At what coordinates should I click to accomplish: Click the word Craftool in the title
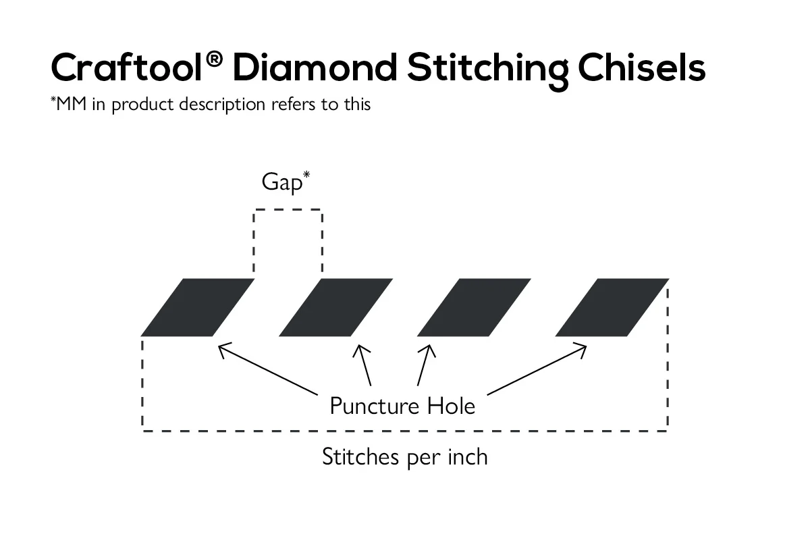pyautogui.click(x=126, y=68)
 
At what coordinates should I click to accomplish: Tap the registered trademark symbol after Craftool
pyautogui.click(x=214, y=59)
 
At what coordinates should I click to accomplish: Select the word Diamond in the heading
pyautogui.click(x=315, y=68)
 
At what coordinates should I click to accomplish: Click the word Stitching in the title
pyautogui.click(x=487, y=70)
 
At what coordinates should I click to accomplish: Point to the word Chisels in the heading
pyautogui.click(x=641, y=68)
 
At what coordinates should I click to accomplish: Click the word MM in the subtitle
pyautogui.click(x=72, y=104)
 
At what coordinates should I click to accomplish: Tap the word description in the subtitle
pyautogui.click(x=222, y=105)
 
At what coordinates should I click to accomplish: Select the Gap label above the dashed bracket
pyautogui.click(x=281, y=183)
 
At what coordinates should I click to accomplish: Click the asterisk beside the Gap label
pyautogui.click(x=306, y=175)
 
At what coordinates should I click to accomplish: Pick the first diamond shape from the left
pyautogui.click(x=198, y=307)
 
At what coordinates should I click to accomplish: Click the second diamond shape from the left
pyautogui.click(x=336, y=307)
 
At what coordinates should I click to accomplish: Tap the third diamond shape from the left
pyautogui.click(x=474, y=307)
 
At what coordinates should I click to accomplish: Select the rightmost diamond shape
pyautogui.click(x=612, y=307)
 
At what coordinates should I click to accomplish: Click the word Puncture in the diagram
pyautogui.click(x=374, y=406)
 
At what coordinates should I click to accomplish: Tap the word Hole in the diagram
pyautogui.click(x=451, y=406)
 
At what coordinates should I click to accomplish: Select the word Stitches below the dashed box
pyautogui.click(x=360, y=457)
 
